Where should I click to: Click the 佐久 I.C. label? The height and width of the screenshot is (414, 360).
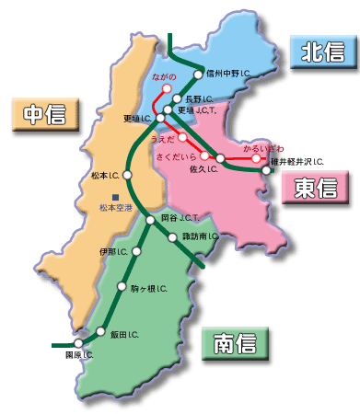tap(200, 170)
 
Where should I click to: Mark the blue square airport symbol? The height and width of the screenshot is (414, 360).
tap(115, 197)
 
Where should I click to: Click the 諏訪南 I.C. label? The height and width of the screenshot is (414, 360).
tap(201, 237)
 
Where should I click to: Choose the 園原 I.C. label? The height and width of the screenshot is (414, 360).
tap(79, 354)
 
